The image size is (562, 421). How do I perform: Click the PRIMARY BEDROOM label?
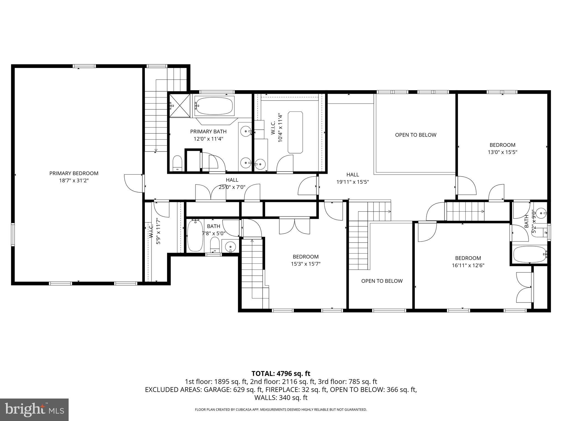(74, 173)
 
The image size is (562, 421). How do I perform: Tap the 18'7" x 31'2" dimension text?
(74, 181)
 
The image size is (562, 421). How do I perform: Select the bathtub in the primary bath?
(215, 106)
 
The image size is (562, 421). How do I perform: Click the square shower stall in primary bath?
(179, 106)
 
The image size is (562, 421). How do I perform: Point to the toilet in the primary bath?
(178, 163)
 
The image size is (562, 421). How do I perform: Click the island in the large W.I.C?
(295, 132)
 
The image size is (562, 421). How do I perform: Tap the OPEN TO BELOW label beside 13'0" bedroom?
(415, 135)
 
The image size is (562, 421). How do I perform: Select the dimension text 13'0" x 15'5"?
(502, 152)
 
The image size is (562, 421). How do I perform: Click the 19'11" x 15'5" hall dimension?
(353, 182)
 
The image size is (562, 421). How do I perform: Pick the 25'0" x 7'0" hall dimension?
(232, 187)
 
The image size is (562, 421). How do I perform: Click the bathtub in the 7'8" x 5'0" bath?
(195, 236)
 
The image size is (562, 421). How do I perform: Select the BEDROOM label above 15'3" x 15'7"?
(305, 257)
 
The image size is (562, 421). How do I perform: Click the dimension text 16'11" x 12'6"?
(468, 265)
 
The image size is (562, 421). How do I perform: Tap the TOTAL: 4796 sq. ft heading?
(281, 374)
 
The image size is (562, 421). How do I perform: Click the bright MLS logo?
(34, 410)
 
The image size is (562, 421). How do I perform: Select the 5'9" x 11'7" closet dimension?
(158, 231)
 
